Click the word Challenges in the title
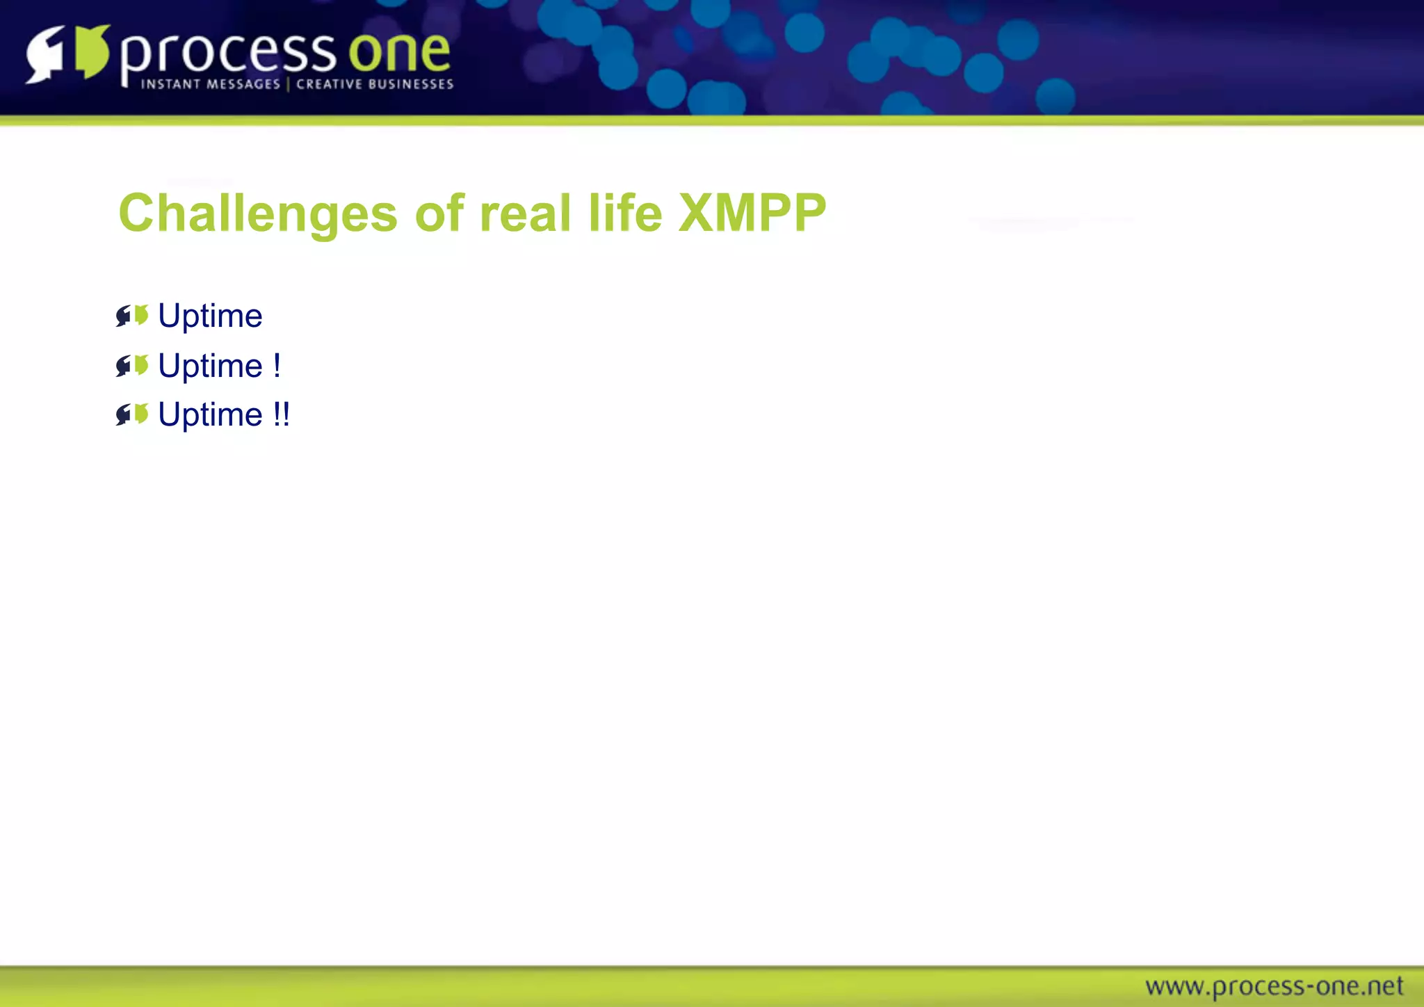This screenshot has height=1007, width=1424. click(x=257, y=213)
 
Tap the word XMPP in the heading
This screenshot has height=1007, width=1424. click(x=752, y=213)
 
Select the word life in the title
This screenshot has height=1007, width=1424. click(x=625, y=213)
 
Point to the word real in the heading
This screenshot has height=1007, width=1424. click(x=525, y=213)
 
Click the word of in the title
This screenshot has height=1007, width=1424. click(x=439, y=213)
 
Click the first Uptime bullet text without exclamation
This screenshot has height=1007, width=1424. click(x=210, y=316)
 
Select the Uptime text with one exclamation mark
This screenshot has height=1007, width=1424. click(x=210, y=366)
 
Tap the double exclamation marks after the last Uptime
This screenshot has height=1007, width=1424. click(x=281, y=415)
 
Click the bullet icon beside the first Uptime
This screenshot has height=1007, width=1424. click(x=132, y=316)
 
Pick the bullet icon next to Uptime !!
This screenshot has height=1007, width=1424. click(x=132, y=414)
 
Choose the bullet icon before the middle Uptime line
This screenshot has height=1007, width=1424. click(x=132, y=365)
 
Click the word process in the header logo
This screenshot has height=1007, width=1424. click(x=228, y=54)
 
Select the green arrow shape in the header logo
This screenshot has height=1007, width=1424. click(x=92, y=51)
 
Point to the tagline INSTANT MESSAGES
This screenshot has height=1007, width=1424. click(x=210, y=84)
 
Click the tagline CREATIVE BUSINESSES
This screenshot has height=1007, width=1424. click(x=375, y=84)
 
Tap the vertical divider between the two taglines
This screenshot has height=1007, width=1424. click(x=288, y=84)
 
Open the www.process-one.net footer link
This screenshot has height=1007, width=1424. click(x=1274, y=986)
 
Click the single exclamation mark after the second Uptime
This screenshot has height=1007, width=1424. click(x=277, y=366)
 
